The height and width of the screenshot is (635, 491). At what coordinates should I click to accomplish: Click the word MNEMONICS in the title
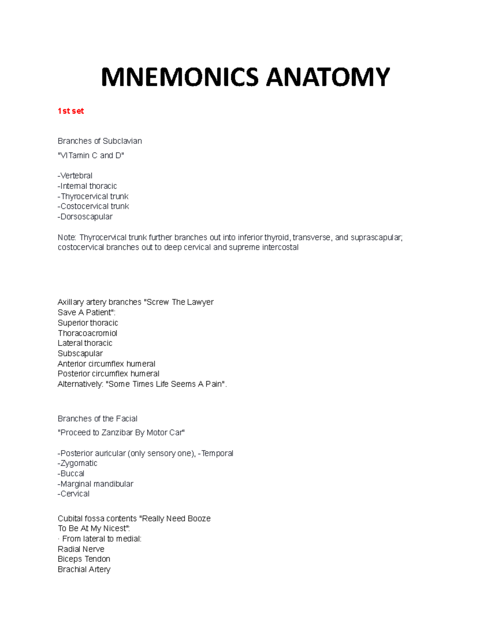180,77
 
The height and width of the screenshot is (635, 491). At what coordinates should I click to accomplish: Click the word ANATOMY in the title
328,77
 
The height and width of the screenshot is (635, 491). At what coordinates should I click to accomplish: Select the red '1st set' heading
71,111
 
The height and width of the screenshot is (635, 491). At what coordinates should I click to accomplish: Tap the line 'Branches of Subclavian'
100,141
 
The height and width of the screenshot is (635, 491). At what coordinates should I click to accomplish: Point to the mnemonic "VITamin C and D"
91,155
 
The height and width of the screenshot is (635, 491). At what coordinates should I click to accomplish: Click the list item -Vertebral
75,176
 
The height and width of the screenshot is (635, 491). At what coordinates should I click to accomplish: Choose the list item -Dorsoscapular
85,217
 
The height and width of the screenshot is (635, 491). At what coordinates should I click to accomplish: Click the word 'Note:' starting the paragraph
67,238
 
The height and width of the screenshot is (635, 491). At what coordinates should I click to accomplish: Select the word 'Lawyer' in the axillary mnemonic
200,302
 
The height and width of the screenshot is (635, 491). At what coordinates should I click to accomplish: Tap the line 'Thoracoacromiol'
88,333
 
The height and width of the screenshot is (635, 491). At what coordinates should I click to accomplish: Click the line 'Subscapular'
80,353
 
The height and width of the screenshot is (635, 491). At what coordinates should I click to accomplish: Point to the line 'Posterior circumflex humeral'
108,374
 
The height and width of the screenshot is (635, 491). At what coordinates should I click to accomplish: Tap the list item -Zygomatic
78,463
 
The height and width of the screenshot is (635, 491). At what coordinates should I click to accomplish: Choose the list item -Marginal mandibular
96,484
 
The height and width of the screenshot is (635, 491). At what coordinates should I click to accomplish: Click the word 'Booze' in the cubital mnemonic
199,518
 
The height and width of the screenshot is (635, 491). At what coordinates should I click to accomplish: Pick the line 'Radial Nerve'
81,549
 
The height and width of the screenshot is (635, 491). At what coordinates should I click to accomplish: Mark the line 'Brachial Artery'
84,569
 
